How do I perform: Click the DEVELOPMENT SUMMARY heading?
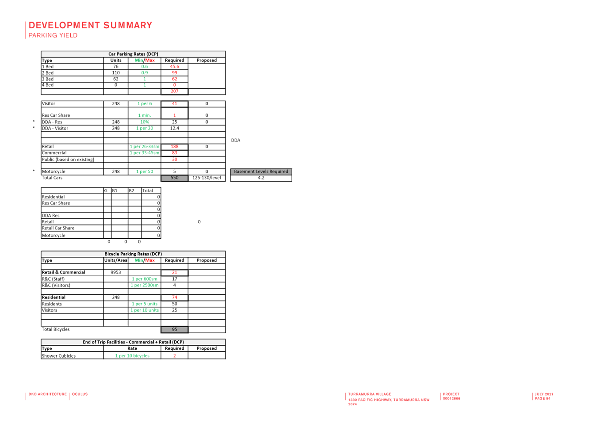[90, 25]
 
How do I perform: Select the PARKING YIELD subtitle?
[53, 35]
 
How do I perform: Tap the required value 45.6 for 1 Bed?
[175, 67]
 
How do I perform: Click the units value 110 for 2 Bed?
[116, 73]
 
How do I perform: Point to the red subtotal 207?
[175, 91]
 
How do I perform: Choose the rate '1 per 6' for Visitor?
[145, 103]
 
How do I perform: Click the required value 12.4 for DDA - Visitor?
[175, 128]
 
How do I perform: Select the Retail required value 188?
[175, 147]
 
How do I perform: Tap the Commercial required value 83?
[175, 153]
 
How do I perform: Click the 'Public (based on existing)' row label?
[68, 159]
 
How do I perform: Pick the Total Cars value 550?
[175, 178]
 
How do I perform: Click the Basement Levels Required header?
[261, 172]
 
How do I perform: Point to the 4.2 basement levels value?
[261, 178]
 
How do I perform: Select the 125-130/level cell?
[206, 178]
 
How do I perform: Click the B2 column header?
[131, 191]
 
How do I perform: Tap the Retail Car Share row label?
[58, 228]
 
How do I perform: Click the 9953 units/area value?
[116, 272]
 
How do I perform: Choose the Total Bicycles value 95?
[175, 329]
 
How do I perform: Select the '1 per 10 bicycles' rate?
[132, 356]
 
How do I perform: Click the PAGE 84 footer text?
[543, 398]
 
